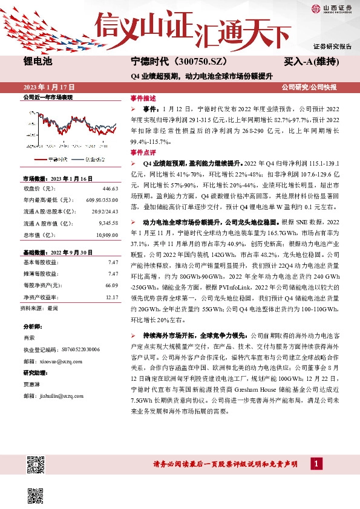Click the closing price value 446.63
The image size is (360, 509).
click(x=110, y=189)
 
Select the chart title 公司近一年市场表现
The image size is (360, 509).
click(x=47, y=97)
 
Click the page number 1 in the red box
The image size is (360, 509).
click(x=316, y=464)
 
